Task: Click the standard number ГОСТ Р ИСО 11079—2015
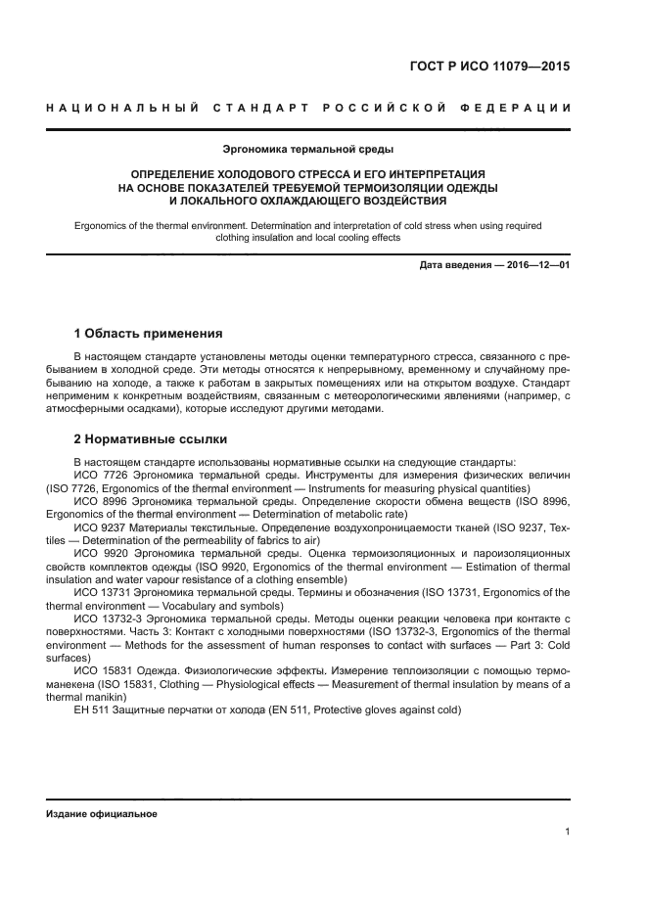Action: (489, 68)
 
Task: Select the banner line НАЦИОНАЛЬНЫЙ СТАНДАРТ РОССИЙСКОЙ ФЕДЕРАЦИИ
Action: (308, 107)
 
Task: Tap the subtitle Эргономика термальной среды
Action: (308, 150)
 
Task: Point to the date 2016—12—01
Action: (535, 265)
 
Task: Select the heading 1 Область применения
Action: (148, 333)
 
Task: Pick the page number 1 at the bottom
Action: (568, 832)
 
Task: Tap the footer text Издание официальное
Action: (101, 814)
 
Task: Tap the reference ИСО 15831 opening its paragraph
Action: (100, 671)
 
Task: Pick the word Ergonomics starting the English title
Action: (103, 225)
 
